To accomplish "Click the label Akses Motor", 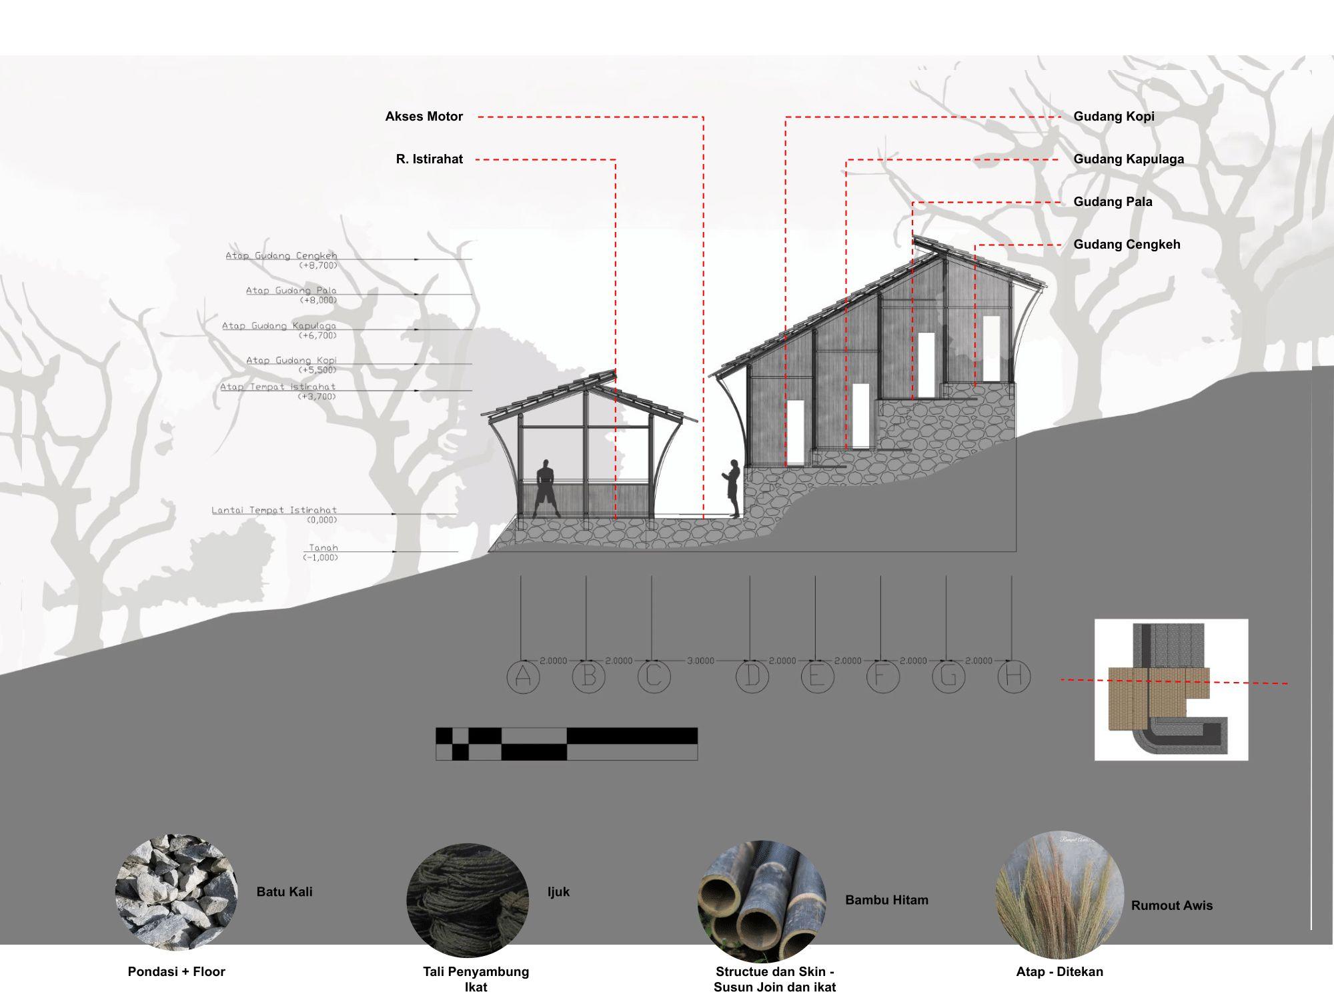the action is pos(424,117).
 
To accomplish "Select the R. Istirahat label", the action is pos(429,159).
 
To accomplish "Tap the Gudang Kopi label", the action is pos(1113,117).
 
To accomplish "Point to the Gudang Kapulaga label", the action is pos(1129,159).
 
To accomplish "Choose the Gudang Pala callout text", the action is pos(1113,202).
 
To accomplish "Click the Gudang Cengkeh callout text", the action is pos(1127,245).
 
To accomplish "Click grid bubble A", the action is pos(523,677).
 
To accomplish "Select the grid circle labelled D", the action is pos(752,677).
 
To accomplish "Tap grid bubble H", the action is pos(1014,677).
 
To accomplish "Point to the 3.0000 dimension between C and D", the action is pos(700,661).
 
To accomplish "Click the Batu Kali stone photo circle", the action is pos(176,891).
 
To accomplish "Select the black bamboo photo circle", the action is pos(762,901).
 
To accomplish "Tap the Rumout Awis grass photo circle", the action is pos(1059,895).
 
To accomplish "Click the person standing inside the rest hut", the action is pos(546,488).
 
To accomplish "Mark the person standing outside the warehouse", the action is pos(732,487).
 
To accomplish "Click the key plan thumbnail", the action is pos(1171,689).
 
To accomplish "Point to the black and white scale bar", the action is pos(566,743).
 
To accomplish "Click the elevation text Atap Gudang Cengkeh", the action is pos(281,256).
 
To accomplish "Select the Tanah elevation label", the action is pos(323,548).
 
